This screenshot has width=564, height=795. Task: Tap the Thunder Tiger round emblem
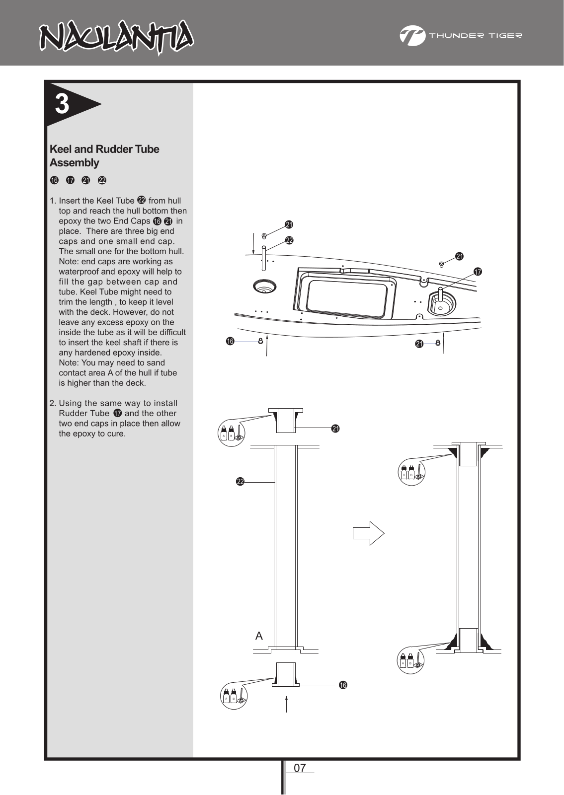point(412,36)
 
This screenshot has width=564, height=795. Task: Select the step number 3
point(62,104)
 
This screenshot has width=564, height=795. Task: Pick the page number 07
point(300,768)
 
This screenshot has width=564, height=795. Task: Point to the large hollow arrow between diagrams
point(368,533)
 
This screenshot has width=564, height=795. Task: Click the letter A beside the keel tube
point(259,636)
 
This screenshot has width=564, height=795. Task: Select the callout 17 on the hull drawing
point(478,272)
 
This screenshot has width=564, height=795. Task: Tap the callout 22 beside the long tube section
point(241,481)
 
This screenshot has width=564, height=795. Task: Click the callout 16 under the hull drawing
point(230,341)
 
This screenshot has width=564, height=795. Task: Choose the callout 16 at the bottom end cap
point(343,685)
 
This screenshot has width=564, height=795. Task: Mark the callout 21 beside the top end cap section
point(335,429)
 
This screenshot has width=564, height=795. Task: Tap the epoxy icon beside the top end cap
point(232,433)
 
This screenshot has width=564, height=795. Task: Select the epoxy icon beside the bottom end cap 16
point(234,696)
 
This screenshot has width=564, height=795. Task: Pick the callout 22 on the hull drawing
point(289,240)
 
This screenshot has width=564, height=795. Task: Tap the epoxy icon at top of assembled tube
point(412,472)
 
